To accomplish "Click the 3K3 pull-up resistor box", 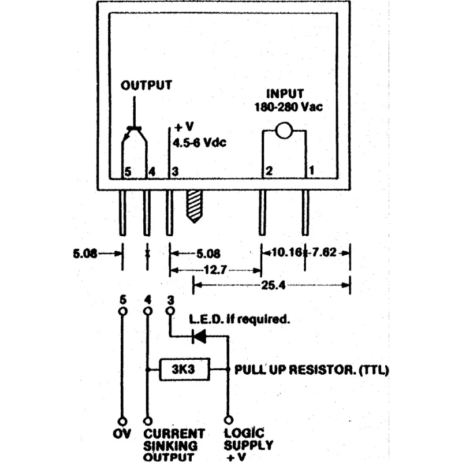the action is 184,369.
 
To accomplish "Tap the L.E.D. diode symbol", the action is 199,336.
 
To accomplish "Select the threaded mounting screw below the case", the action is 194,207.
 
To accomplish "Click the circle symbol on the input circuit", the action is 284,131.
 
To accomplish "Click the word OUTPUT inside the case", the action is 147,85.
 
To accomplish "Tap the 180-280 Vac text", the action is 289,107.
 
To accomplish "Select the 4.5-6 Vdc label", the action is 199,143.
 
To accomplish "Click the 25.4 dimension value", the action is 273,285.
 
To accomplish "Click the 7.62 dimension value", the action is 324,252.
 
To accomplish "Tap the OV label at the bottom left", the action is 122,434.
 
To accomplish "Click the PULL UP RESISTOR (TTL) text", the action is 311,370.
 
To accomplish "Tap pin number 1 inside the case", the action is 311,170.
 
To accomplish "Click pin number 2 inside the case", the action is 269,171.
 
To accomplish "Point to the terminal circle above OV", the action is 123,422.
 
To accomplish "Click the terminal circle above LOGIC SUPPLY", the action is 229,420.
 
